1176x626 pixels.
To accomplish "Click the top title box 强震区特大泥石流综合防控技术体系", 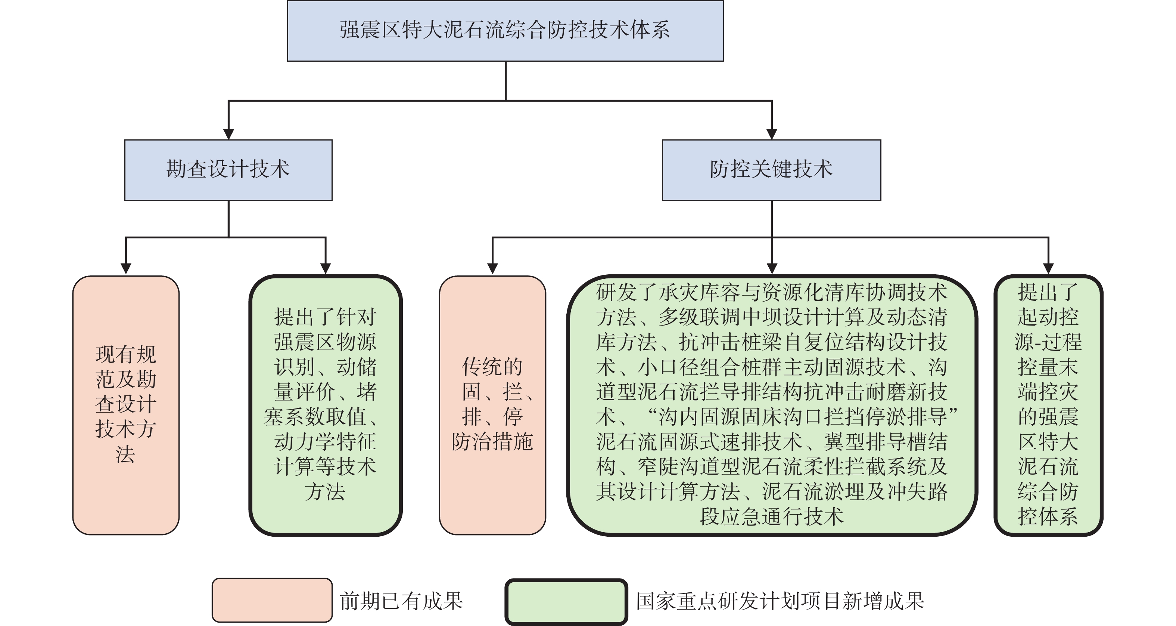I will (505, 31).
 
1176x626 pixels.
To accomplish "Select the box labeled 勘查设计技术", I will (228, 170).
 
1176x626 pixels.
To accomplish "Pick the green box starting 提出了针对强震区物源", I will (325, 405).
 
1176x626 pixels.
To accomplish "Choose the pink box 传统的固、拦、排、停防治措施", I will (492, 405).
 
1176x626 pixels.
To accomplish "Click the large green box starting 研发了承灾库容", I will (772, 405).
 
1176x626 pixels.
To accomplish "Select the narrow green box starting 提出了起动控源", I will (1048, 405).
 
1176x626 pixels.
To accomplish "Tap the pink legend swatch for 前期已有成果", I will (272, 600).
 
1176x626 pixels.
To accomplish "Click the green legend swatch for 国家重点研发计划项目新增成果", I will (566, 601).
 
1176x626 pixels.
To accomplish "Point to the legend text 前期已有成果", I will (401, 601).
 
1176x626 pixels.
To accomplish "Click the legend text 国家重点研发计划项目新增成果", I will (780, 601).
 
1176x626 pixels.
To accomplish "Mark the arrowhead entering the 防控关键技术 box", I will (772, 134).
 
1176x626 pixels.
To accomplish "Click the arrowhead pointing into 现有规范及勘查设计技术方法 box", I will (126, 269).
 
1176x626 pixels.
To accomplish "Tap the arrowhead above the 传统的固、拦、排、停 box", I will (492, 269).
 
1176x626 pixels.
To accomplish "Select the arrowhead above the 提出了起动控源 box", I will (1049, 269).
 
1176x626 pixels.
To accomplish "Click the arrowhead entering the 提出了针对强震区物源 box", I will (326, 269).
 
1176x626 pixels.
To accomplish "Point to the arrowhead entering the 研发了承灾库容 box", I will (772, 269).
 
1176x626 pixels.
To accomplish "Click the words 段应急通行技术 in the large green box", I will (772, 516).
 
